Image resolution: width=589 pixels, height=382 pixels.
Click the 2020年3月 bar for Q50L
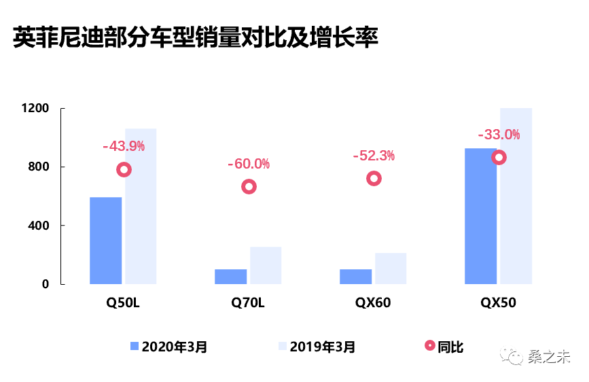106,241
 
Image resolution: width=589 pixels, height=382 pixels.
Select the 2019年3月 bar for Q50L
141,206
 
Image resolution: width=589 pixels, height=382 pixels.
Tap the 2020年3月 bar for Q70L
231,277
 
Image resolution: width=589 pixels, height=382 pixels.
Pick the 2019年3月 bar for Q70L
266,265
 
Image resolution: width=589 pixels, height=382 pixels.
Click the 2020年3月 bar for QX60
356,277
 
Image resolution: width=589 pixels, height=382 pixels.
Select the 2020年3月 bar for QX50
480,216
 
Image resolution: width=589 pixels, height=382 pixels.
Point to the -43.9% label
124,146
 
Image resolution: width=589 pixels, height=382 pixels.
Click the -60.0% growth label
249,164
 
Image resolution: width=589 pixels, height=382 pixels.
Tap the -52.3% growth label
374,156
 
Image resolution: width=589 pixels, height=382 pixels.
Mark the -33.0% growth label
499,135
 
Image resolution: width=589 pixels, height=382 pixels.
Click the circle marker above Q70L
249,187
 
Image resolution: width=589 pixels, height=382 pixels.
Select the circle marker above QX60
374,179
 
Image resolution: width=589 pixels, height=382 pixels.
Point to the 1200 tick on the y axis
35,109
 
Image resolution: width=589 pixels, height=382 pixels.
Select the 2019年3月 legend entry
316,347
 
